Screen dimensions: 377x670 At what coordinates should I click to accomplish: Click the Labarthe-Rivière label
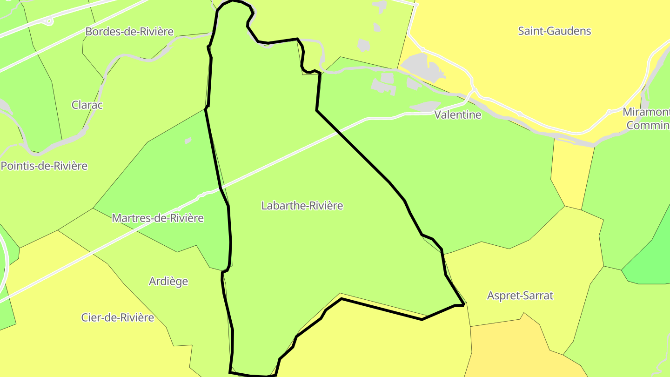302,206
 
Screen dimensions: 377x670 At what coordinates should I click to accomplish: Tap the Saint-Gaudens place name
554,31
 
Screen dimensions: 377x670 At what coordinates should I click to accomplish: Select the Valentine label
457,115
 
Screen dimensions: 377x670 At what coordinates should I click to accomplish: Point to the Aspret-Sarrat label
520,296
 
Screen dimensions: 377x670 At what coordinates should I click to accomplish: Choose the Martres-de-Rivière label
158,218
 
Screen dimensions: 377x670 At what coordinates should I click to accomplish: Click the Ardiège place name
168,281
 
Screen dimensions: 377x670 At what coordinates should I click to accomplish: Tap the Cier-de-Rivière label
117,317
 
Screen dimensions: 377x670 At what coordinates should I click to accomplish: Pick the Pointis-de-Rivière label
44,166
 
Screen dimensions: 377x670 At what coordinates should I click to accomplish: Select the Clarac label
87,105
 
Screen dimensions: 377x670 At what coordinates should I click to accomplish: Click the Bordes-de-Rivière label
129,32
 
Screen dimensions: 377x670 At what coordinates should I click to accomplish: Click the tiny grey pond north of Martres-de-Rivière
188,141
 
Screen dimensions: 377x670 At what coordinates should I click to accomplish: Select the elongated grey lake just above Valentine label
426,107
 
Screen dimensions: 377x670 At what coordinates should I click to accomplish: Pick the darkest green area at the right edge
649,265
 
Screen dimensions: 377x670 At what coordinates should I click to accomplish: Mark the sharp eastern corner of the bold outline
463,304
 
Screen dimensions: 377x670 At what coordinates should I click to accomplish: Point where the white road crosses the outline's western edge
221,187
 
